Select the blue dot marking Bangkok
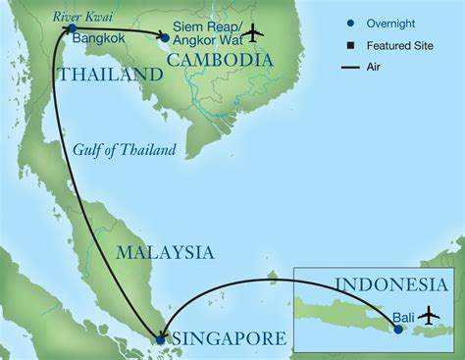point(72,30)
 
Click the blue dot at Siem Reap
point(164,38)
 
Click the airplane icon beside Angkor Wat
point(253,32)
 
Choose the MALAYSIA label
point(164,252)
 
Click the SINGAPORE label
point(229,338)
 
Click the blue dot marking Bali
point(398,330)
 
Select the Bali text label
point(402,317)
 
